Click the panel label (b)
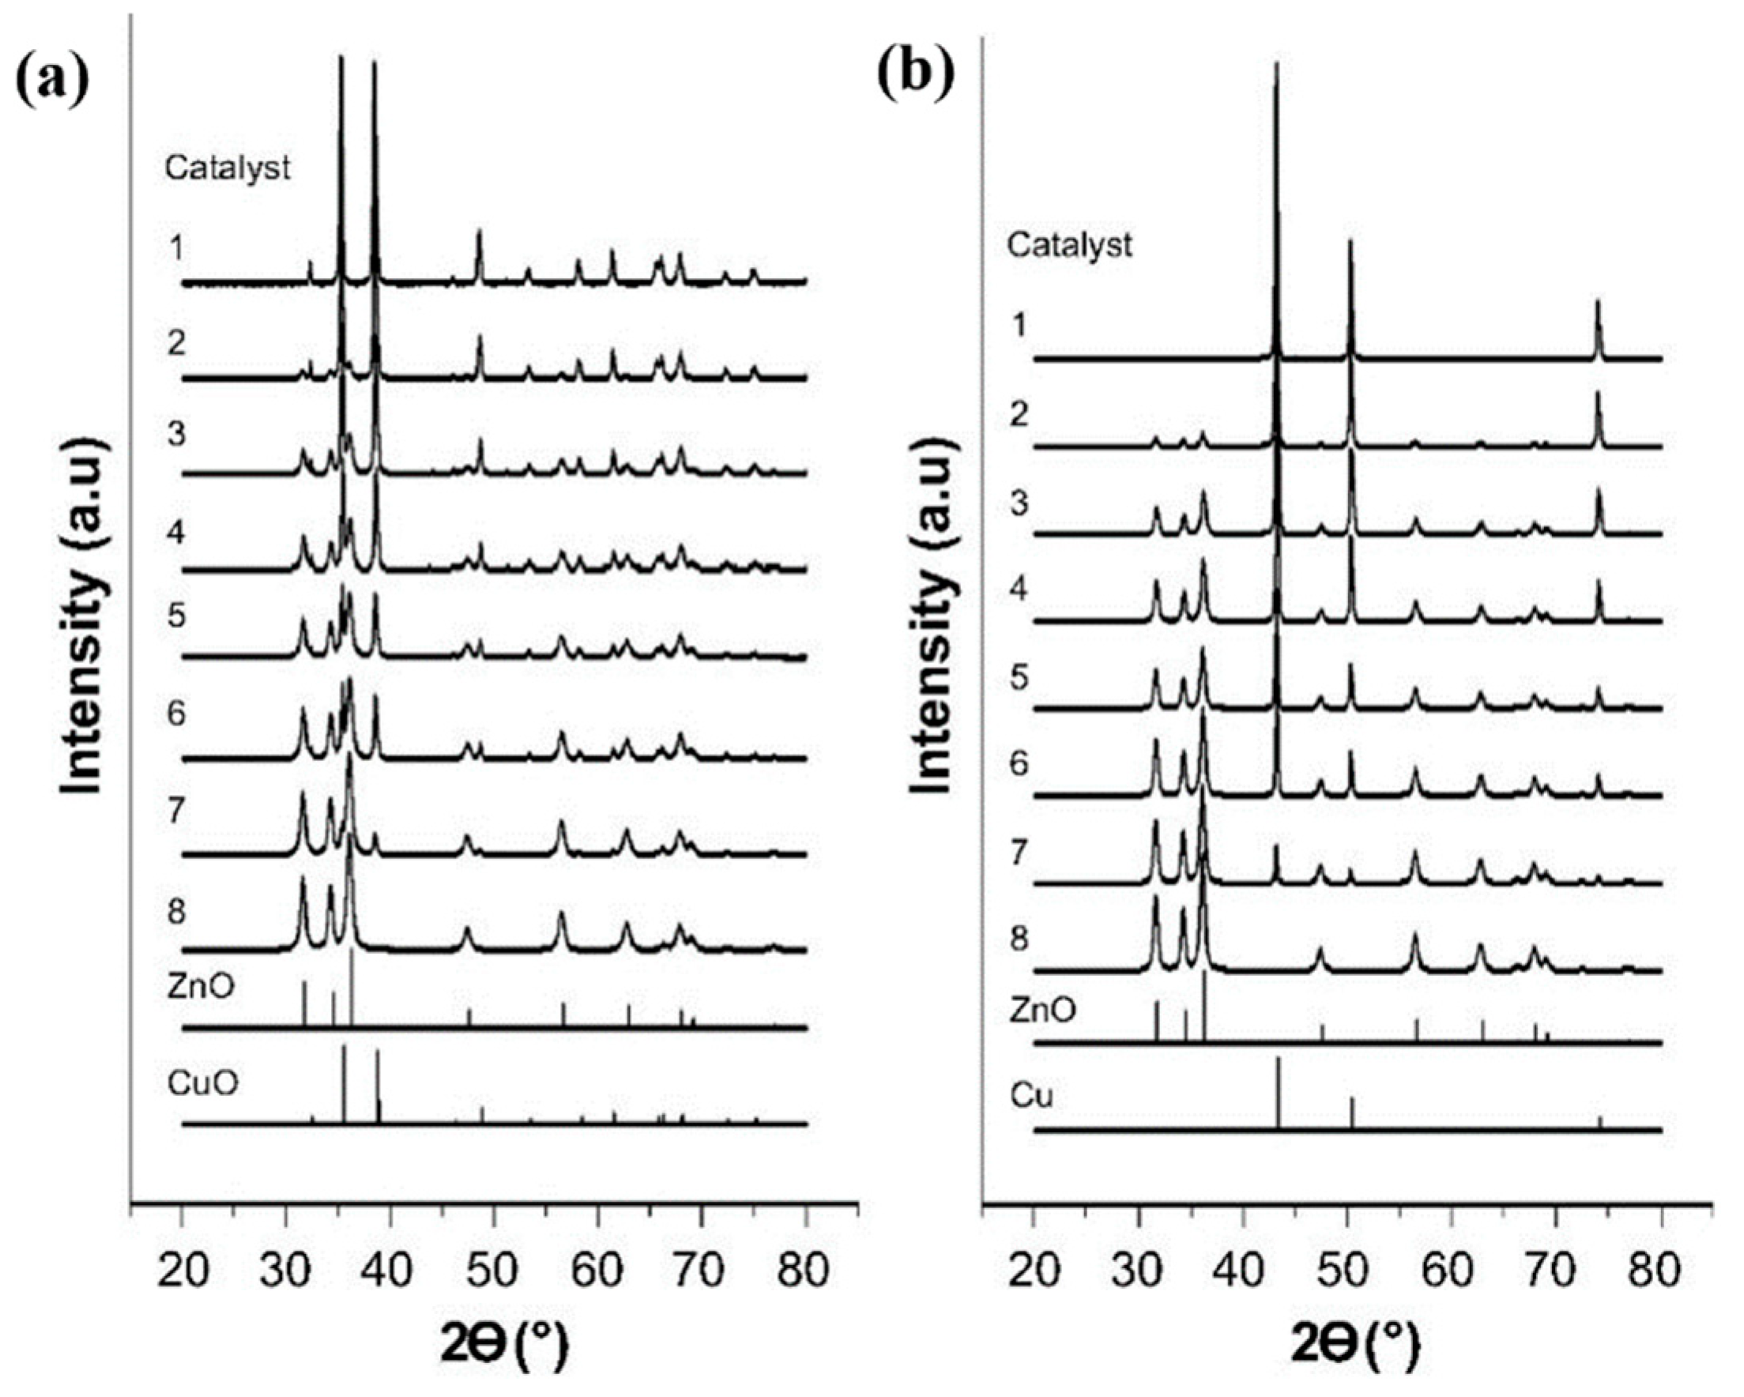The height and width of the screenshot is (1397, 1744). point(916,75)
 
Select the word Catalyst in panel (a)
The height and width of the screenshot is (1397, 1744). point(228,168)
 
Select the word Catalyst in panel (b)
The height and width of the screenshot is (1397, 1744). point(1068,244)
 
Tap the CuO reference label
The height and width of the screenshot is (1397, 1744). point(203,1083)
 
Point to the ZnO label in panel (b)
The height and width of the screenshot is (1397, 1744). point(1044,1010)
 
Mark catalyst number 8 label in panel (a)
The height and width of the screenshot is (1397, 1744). point(176,913)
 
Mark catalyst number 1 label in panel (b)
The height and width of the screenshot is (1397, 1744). point(1019,326)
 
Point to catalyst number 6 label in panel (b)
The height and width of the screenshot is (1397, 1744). point(1019,763)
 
